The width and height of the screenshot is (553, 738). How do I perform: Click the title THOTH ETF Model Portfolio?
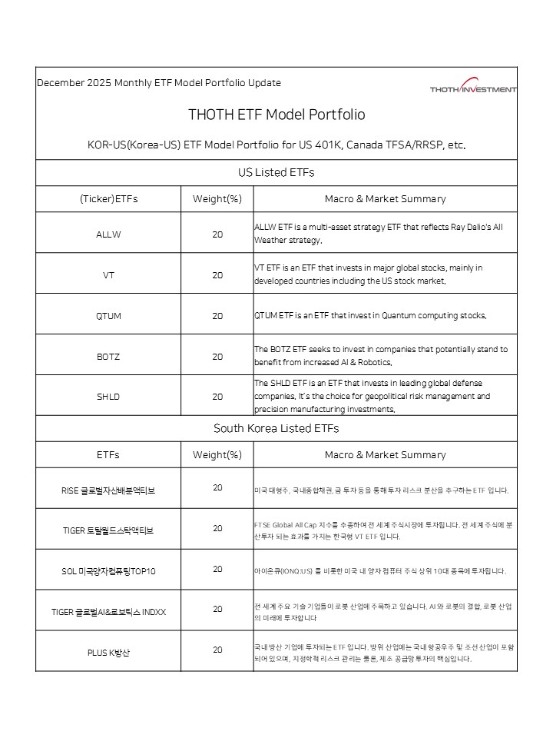point(276,115)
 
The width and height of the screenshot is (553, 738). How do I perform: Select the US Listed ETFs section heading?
point(276,172)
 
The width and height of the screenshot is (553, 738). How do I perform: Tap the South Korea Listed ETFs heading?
point(276,428)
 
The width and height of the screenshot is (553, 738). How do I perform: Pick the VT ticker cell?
point(108,274)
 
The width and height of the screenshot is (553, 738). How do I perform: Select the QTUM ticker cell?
point(108,316)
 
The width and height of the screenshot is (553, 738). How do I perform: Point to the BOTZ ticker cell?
point(108,357)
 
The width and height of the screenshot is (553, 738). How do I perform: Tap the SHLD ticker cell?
point(108,397)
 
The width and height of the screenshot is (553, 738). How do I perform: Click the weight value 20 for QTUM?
point(217,316)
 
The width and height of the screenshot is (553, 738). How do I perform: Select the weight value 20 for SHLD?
point(217,397)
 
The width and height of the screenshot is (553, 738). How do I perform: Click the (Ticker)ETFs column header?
point(108,199)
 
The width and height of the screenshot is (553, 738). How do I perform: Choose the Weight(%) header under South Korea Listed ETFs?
point(217,455)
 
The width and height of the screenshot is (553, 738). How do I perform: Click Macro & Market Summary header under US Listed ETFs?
point(385,199)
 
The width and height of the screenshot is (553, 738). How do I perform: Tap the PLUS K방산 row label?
point(108,653)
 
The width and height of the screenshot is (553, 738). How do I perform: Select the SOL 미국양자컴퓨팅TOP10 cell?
point(108,571)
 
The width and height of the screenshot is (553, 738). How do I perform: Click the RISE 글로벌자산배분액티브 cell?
point(108,490)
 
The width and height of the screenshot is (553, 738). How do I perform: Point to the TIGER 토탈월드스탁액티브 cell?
point(108,530)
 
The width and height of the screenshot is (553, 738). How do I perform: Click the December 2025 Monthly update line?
point(159,83)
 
